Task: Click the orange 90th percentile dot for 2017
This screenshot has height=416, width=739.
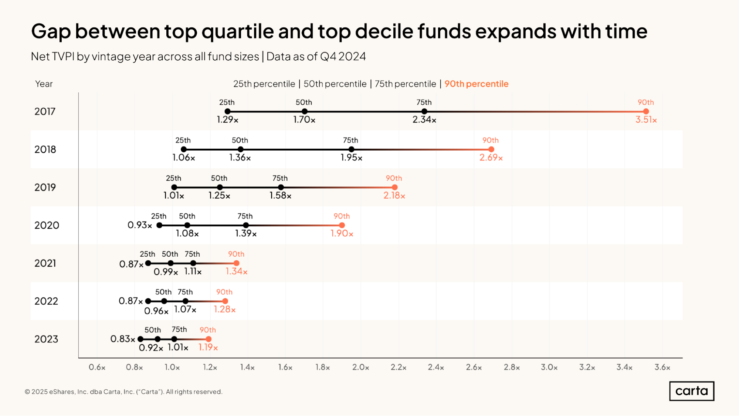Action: click(x=646, y=111)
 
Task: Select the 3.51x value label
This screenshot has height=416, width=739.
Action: click(x=646, y=120)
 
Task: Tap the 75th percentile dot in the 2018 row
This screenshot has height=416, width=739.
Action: click(x=351, y=149)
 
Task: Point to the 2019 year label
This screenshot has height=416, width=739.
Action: click(x=45, y=187)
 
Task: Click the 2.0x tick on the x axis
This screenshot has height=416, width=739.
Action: click(x=360, y=367)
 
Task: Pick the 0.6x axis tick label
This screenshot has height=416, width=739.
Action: click(x=97, y=367)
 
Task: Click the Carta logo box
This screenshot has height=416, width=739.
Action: click(x=691, y=391)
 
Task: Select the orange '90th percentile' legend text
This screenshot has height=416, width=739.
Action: click(x=476, y=84)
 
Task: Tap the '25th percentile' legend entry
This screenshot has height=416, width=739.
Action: click(x=264, y=84)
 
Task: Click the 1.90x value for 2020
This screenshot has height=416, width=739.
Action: click(x=342, y=233)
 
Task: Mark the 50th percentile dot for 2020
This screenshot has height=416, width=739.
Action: click(x=187, y=225)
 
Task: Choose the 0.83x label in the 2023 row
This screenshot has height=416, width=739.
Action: click(x=122, y=339)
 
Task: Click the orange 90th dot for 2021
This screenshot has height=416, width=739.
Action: click(x=236, y=263)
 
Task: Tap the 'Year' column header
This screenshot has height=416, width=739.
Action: click(x=44, y=84)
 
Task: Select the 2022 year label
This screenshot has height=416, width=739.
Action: click(x=46, y=301)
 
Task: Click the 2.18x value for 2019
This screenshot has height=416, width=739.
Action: click(x=394, y=196)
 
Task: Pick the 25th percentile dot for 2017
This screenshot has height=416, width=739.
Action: click(x=227, y=111)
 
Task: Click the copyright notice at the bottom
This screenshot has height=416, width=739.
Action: click(x=123, y=392)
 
